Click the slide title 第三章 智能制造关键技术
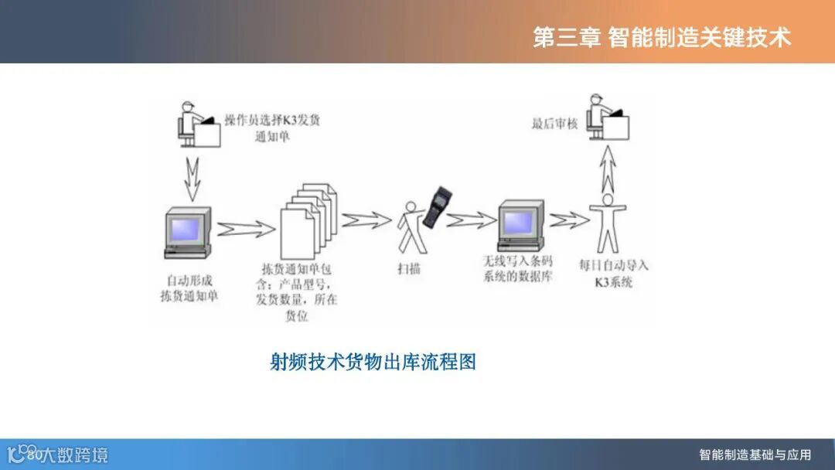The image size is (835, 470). (x=662, y=37)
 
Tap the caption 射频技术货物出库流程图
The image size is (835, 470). (x=373, y=361)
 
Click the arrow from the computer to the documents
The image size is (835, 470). (x=245, y=229)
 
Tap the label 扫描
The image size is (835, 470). (x=409, y=270)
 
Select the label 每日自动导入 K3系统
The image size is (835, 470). (x=614, y=274)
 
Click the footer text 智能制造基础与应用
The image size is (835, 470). (x=755, y=455)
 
